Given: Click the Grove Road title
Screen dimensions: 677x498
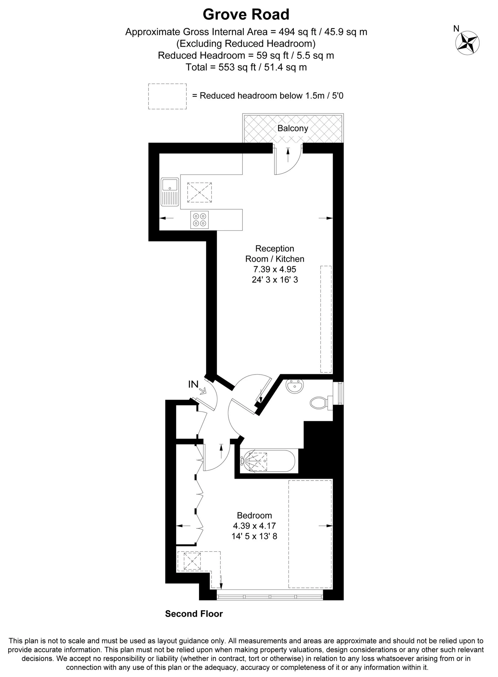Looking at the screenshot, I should click(x=246, y=15).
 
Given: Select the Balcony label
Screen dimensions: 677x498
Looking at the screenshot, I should click(x=293, y=128).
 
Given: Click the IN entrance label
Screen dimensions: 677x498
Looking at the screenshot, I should click(x=193, y=384).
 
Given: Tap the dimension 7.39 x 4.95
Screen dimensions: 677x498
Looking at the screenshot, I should click(x=275, y=269).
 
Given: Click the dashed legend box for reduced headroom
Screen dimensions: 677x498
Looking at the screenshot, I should click(x=167, y=96).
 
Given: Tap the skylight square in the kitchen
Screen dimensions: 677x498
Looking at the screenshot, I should click(x=199, y=192).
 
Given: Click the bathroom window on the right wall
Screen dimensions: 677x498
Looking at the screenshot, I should click(x=340, y=393).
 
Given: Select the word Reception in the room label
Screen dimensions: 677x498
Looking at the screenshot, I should click(x=275, y=249).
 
